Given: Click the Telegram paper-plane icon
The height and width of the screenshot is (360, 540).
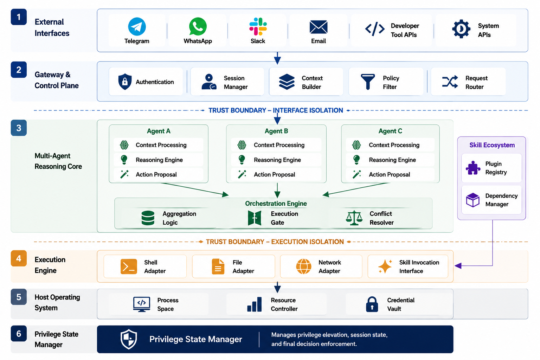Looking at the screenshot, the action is [x=137, y=26].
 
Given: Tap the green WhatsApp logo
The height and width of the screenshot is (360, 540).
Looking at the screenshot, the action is [x=198, y=26].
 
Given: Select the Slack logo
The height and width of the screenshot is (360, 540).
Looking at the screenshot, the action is [x=258, y=26].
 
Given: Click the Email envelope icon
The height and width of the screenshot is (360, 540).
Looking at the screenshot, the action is [x=319, y=27].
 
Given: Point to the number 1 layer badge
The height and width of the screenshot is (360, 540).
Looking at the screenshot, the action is [x=19, y=17].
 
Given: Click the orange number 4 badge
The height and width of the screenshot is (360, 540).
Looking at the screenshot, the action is [x=19, y=258].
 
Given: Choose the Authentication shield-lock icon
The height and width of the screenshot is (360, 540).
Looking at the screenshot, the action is [x=125, y=82].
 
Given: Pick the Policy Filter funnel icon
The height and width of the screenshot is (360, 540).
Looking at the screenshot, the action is [x=368, y=82].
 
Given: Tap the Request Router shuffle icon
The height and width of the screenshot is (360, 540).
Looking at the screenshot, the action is [x=450, y=82].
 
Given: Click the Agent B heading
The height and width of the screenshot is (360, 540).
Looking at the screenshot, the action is [x=276, y=131].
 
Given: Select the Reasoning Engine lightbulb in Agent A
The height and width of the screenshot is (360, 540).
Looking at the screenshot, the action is [x=124, y=160].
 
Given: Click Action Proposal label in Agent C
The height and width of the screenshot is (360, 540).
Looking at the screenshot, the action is [x=389, y=174].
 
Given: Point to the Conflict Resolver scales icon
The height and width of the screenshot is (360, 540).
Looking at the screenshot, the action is [x=354, y=218].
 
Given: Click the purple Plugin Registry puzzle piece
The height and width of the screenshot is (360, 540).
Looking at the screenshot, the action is [x=473, y=168].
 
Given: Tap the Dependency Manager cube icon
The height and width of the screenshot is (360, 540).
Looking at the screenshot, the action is [x=473, y=200].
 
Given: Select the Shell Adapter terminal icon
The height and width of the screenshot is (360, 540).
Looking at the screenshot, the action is [x=129, y=266].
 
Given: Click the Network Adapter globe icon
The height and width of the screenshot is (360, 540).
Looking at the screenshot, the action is [x=303, y=266].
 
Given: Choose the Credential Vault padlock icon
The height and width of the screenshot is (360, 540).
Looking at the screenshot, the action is [x=372, y=304].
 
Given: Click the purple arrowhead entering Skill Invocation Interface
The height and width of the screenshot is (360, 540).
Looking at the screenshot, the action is [x=458, y=266].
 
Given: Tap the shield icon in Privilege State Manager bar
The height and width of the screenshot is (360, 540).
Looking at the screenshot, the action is [x=129, y=339].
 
